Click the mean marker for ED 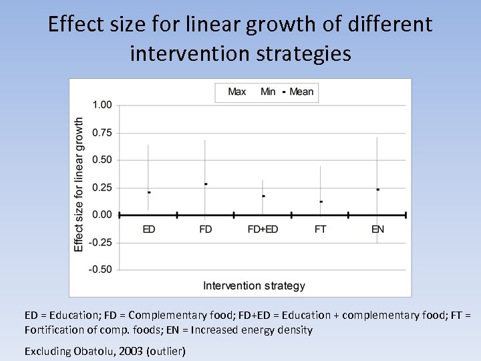point(149,193)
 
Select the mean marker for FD point(206,184)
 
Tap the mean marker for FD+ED point(263,196)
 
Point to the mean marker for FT point(321,201)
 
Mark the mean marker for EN point(377,189)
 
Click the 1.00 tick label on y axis point(102,105)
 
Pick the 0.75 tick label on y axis point(102,132)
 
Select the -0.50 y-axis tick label point(101,269)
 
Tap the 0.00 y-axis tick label point(102,215)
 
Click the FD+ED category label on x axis point(263,229)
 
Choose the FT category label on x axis point(321,229)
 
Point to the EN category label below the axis point(377,229)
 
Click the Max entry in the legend point(236,92)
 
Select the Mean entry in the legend point(301,92)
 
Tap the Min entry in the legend point(268,92)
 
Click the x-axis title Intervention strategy point(254,285)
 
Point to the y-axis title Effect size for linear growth point(79,185)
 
